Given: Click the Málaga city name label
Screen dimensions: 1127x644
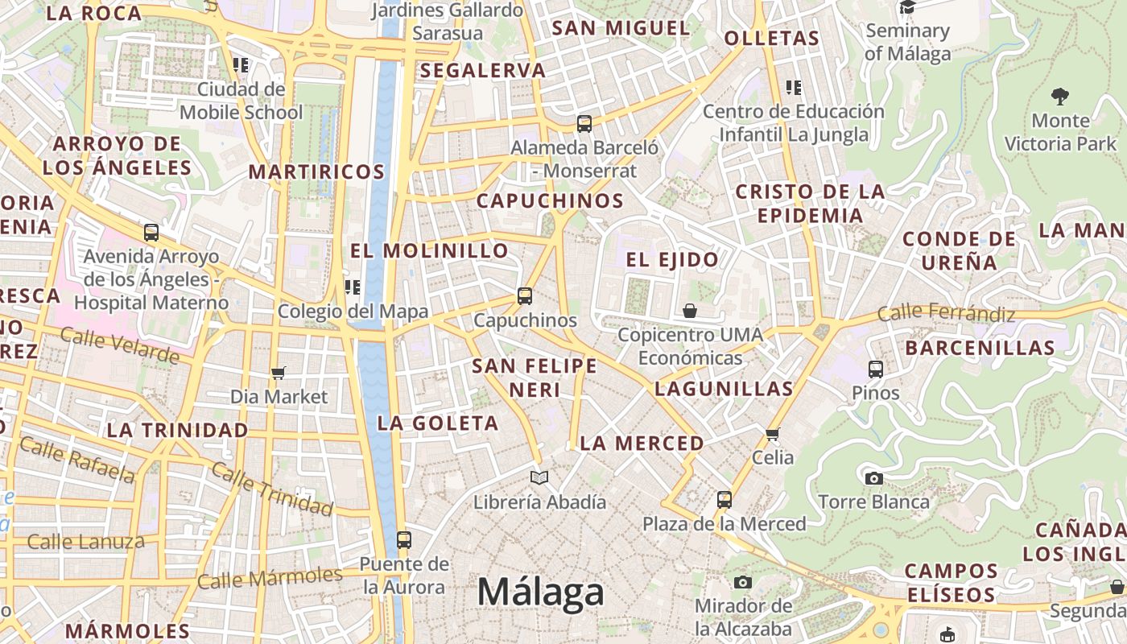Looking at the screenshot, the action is coord(540,592).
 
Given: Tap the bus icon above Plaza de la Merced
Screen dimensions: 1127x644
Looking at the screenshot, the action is coord(724,500).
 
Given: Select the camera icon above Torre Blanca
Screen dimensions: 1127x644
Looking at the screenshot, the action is coord(873,478).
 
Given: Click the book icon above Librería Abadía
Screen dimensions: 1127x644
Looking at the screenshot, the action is coord(539,478).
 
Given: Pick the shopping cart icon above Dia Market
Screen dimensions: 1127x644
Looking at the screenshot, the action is coord(279,373).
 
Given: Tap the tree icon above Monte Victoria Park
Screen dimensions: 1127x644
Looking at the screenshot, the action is coord(1060,97).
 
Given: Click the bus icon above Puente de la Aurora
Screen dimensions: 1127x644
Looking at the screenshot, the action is coord(404,540).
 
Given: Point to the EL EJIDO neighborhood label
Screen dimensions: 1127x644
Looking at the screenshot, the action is coord(672,260).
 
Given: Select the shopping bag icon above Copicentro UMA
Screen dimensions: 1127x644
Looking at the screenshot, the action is coord(690,311).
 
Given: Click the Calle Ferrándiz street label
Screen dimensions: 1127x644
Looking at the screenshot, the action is coord(946,312).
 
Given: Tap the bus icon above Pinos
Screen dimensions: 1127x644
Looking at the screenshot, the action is coord(876,369).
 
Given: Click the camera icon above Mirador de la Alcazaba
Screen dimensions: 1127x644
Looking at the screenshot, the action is coord(743,582).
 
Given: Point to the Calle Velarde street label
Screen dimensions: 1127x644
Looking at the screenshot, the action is coord(119,345).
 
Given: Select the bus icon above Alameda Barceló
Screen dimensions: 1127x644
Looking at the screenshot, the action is coord(584,124).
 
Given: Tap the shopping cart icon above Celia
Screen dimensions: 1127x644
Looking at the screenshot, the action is coord(773,435).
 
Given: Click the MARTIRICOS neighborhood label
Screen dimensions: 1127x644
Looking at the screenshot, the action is coord(316,171).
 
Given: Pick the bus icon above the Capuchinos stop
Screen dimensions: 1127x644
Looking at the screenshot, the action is coord(525,296).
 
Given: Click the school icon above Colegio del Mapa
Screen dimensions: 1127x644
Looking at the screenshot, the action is coord(352,287).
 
